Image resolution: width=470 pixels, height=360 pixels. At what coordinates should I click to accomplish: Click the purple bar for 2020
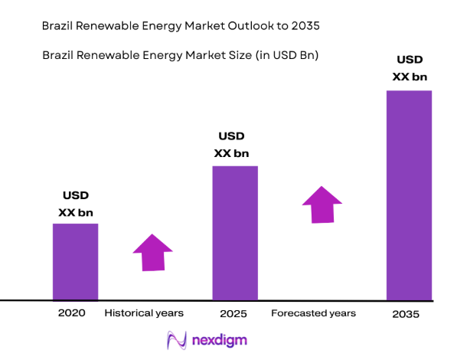75,261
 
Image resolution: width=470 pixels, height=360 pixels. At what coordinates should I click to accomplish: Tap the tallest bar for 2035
409,195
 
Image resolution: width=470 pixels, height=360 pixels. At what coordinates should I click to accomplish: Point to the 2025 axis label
233,313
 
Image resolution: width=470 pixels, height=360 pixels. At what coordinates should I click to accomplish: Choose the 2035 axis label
407,313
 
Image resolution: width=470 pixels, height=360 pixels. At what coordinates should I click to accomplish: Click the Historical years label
144,313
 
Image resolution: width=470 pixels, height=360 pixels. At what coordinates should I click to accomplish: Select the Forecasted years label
313,313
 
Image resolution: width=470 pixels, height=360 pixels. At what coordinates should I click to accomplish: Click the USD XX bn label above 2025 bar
231,145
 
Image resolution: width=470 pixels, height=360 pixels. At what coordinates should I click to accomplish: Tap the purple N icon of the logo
178,339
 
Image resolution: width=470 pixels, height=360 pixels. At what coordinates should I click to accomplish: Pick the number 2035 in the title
303,25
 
